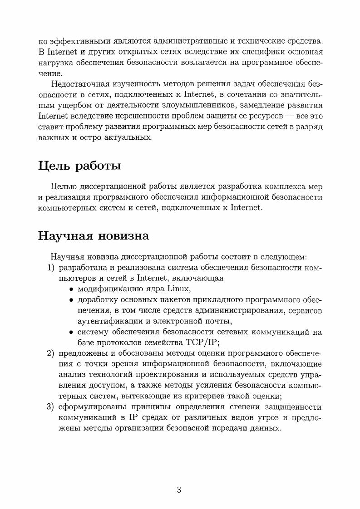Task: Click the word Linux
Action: tap(179, 289)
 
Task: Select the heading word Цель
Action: tap(54, 166)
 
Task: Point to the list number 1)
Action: tap(52, 268)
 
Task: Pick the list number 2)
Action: tap(52, 353)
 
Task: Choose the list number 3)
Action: tap(52, 407)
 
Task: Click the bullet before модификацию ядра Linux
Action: tap(71, 290)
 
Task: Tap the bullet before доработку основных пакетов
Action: tap(71, 301)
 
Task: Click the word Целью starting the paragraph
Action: tap(64, 186)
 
